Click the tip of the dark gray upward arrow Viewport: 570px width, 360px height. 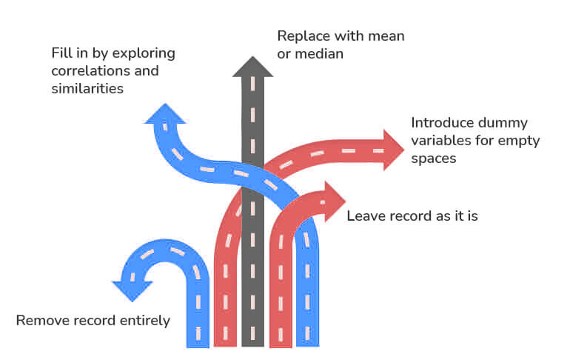[253, 60]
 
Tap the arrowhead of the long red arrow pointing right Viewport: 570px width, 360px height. [394, 150]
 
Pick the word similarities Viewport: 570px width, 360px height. [87, 88]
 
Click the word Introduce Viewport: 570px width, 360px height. [442, 123]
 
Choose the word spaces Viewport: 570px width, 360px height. [432, 159]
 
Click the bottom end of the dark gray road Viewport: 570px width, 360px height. [253, 343]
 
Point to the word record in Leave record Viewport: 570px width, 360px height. [408, 216]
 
